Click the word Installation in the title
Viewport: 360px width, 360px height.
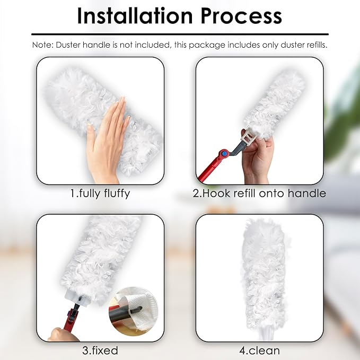pyautogui.click(x=135, y=16)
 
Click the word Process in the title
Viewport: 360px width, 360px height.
pyautogui.click(x=241, y=16)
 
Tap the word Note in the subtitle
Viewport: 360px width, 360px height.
pyautogui.click(x=42, y=45)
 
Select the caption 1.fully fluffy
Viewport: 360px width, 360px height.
pyautogui.click(x=100, y=194)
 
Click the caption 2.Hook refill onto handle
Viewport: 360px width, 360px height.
pyautogui.click(x=259, y=194)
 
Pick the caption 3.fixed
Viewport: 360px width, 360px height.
pyautogui.click(x=100, y=350)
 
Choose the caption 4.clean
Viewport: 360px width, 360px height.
pyautogui.click(x=259, y=350)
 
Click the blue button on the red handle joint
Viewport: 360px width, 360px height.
pyautogui.click(x=225, y=153)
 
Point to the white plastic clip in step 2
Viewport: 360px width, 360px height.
pyautogui.click(x=249, y=137)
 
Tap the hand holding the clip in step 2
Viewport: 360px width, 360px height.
pyautogui.click(x=258, y=159)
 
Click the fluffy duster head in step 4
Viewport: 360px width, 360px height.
pyautogui.click(x=264, y=274)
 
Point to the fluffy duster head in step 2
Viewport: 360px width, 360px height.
pyautogui.click(x=274, y=104)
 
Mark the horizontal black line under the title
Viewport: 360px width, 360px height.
pyautogui.click(x=180, y=34)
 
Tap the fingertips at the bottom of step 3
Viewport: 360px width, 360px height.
pyautogui.click(x=61, y=335)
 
